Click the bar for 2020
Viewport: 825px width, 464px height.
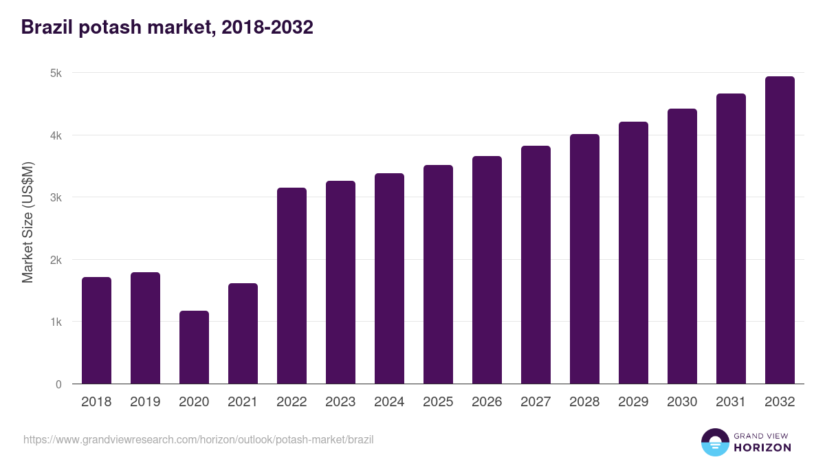(x=194, y=347)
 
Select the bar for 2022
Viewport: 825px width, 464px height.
(x=291, y=286)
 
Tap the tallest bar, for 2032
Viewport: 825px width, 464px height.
(x=780, y=230)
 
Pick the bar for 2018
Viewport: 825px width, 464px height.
(x=96, y=331)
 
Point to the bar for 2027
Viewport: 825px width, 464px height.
(x=536, y=265)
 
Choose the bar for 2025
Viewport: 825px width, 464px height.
(x=438, y=274)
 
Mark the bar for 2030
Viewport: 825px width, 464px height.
(x=682, y=246)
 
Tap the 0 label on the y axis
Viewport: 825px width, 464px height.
(x=58, y=384)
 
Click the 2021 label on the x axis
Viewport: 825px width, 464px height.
(x=243, y=402)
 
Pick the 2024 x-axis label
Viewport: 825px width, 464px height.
(x=389, y=402)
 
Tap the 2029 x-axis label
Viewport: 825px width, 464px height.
(x=633, y=402)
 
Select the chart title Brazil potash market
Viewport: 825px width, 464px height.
(x=167, y=27)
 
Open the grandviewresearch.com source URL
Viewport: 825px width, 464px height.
(x=198, y=439)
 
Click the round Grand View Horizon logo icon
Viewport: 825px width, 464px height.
(x=714, y=442)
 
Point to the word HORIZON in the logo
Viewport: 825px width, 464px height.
(x=762, y=448)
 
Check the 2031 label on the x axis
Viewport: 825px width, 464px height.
(x=731, y=402)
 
